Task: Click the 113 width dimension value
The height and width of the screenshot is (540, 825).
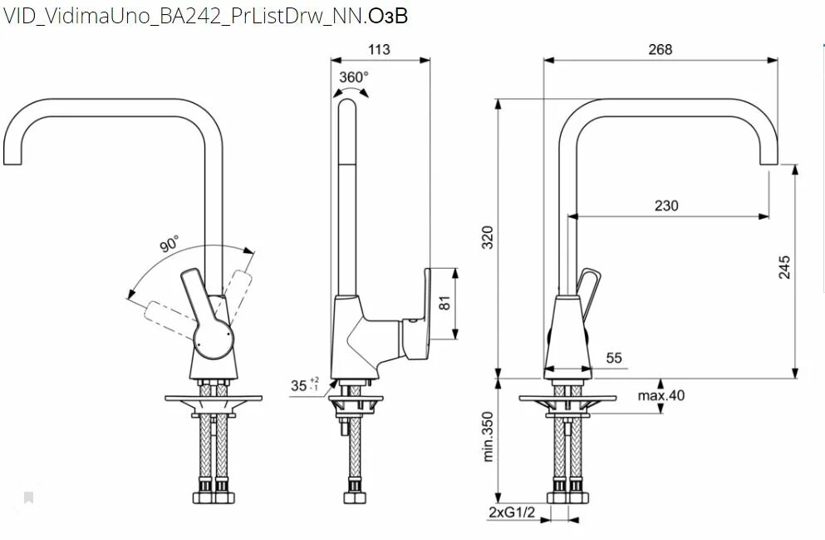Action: tap(379, 50)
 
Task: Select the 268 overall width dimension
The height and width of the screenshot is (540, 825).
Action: tap(660, 50)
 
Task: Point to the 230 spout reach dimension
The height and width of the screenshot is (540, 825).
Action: tap(666, 206)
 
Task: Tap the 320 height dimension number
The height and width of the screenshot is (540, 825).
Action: tap(488, 237)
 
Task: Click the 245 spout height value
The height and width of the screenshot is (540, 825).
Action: tap(784, 267)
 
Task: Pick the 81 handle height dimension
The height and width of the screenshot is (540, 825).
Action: tap(444, 303)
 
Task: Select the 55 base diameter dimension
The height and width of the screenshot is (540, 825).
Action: tap(614, 359)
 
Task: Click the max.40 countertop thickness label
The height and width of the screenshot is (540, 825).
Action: tap(661, 395)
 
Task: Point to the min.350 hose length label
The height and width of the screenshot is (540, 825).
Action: tap(488, 437)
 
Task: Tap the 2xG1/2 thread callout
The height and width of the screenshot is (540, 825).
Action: tap(512, 512)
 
